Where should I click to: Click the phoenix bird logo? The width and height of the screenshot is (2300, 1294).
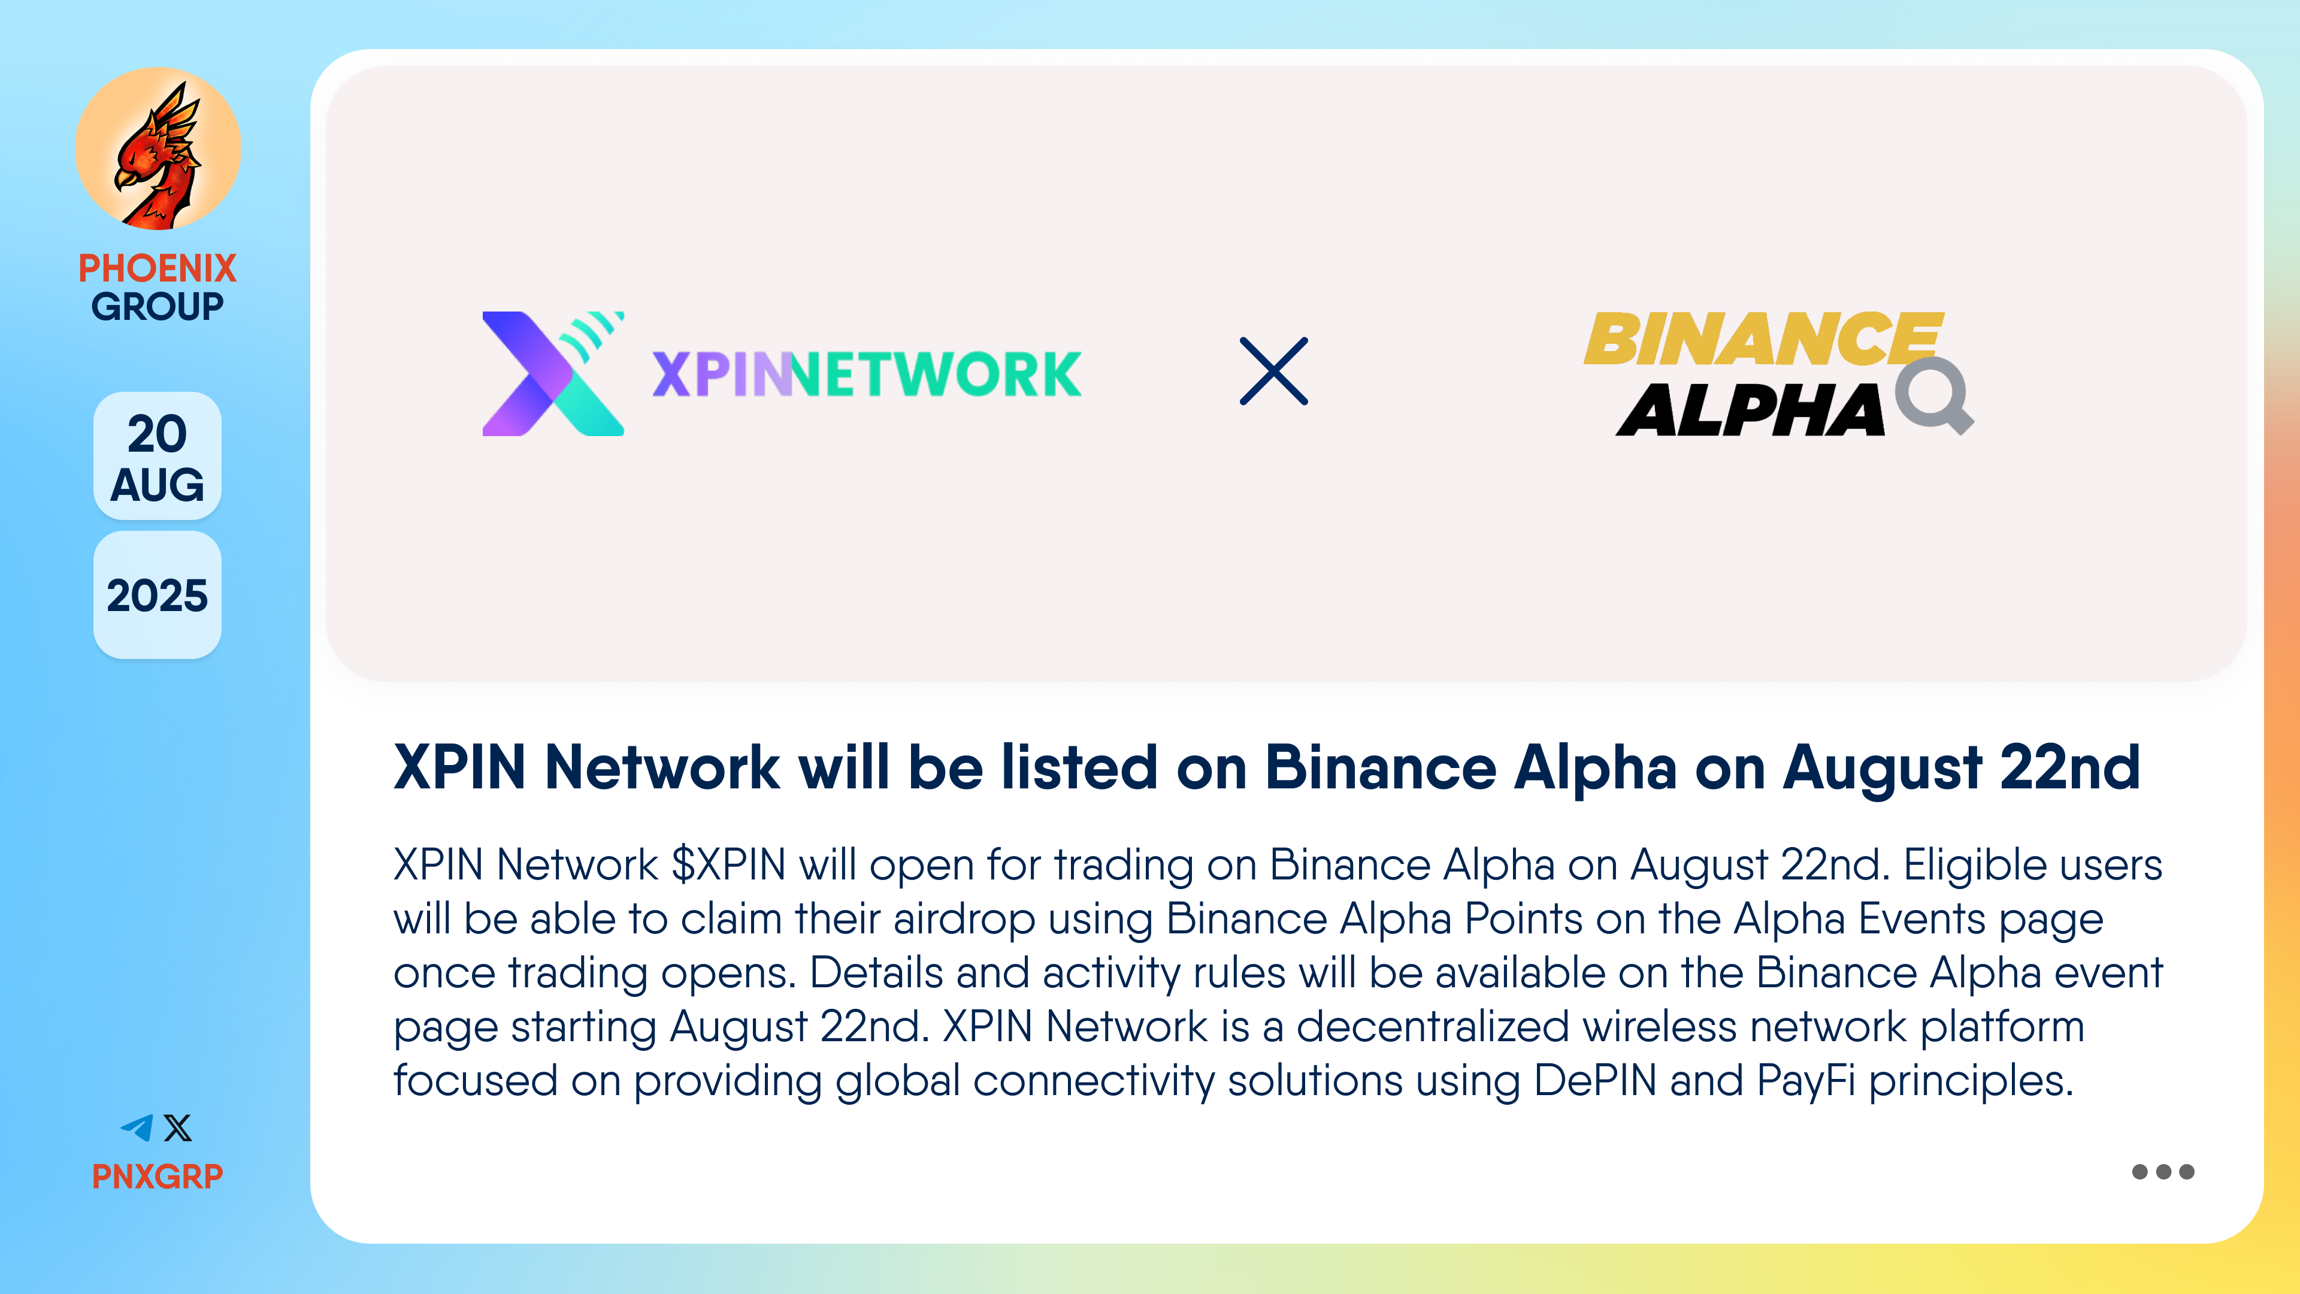coord(158,149)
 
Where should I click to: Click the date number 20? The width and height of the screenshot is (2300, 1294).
coord(157,434)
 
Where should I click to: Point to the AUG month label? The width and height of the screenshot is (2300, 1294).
coord(157,485)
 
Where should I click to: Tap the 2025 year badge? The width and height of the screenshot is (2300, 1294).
coord(157,595)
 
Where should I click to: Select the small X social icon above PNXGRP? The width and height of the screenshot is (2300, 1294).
coord(178,1128)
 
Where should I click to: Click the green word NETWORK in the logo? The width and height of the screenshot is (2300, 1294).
coord(936,374)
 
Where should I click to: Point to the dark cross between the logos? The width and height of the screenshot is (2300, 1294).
coord(1274,371)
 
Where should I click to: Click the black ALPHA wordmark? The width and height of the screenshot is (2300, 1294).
coord(1751,410)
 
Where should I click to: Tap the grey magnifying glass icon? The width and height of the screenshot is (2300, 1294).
coord(1935,395)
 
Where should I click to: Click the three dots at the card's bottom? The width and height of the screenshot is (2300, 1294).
coord(2162,1172)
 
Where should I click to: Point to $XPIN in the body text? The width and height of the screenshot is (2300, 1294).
coord(730,864)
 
